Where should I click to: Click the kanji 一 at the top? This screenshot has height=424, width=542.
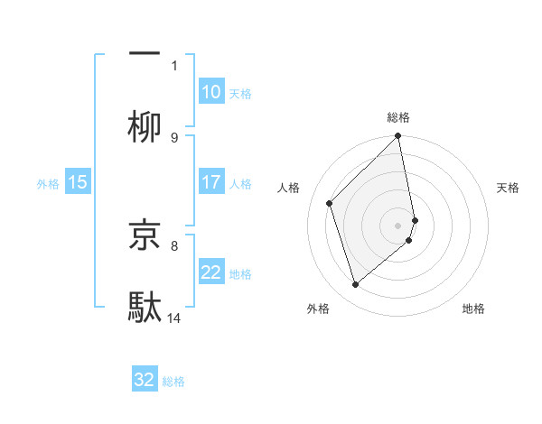145,53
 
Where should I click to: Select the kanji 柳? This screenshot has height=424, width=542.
145,127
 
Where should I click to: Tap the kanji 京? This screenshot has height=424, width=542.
145,235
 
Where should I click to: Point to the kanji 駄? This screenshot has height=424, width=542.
145,307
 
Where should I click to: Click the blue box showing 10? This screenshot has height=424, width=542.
210,92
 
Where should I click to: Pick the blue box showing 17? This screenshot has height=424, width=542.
210,182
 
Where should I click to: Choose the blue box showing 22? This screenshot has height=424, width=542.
210,273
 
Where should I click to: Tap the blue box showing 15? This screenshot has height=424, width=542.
78,182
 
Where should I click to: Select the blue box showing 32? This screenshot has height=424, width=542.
145,380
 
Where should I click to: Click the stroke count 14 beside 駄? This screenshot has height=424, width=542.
174,318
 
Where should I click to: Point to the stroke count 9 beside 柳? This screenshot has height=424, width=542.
174,137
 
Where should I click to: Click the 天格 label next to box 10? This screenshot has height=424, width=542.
240,94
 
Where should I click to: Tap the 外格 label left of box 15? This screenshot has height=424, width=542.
48,184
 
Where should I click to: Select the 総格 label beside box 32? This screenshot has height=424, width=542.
173,382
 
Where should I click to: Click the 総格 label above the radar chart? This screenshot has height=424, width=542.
398,117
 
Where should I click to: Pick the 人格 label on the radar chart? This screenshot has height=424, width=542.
288,188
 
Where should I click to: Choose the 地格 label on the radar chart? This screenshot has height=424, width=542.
473,309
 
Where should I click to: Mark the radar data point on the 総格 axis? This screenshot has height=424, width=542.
398,137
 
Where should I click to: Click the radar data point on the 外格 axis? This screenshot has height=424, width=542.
356,285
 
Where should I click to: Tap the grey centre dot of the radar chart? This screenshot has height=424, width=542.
398,224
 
